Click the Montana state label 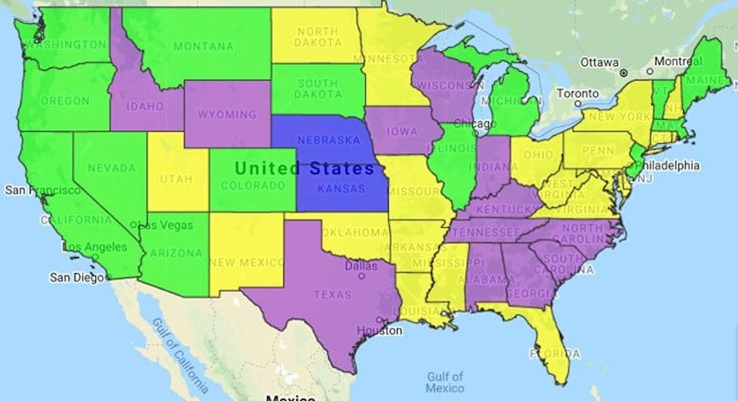pos(204,46)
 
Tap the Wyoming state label pos(227,114)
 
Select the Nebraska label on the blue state pos(328,140)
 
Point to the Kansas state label pos(341,189)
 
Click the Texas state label pos(333,295)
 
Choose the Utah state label pos(177,179)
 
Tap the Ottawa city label pos(599,63)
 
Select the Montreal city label pos(678,62)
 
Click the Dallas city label pos(361,266)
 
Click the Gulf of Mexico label pos(445,382)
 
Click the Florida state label pos(555,354)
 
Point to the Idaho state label pos(145,106)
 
